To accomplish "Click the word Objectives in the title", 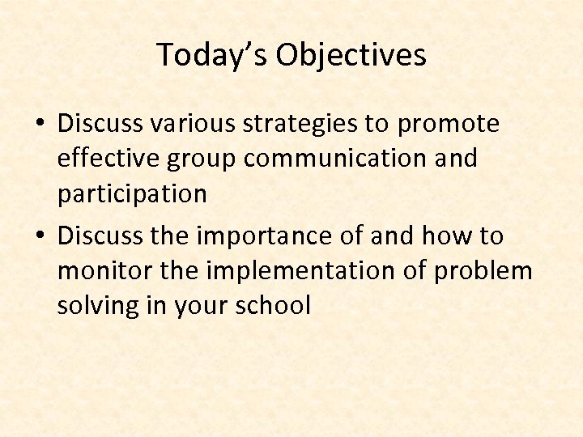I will (x=351, y=55).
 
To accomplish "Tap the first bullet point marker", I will (x=40, y=125).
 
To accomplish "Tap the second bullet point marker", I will (x=40, y=236).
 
